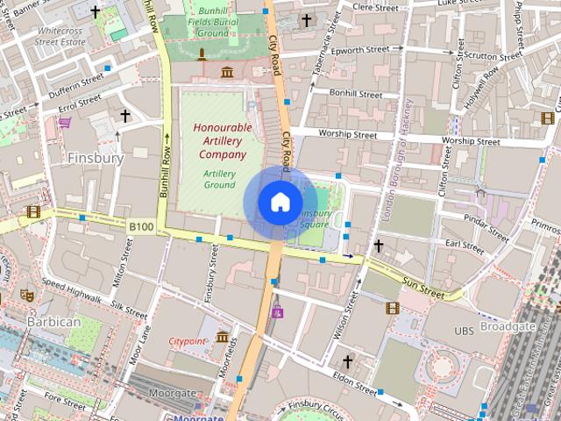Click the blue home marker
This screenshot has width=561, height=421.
point(280,203)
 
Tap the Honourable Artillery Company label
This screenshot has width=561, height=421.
point(223,140)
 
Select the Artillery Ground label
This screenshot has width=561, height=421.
point(219,179)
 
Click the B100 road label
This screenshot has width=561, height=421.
point(141,227)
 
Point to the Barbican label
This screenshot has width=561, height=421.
point(53,322)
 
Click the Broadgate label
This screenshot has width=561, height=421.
point(507,325)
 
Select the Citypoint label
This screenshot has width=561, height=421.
point(188,339)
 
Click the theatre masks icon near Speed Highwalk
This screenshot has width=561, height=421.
point(26,296)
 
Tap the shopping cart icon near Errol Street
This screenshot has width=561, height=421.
point(65,124)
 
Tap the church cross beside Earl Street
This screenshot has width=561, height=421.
point(379,246)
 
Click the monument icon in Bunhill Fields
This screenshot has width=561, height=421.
point(202,55)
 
